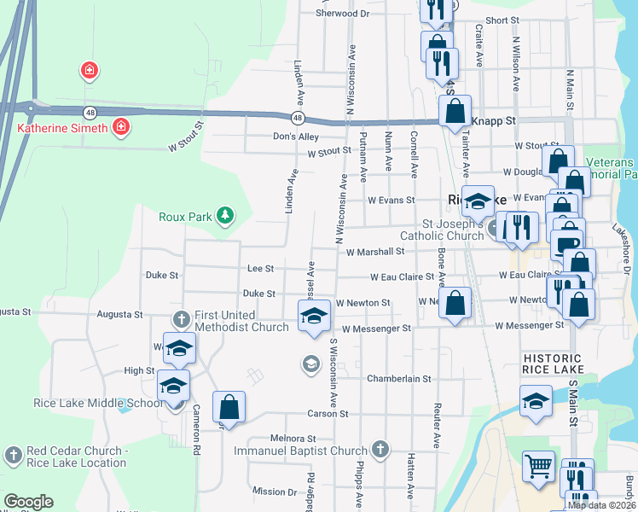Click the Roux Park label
(x=184, y=216)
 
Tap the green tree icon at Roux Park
(x=225, y=215)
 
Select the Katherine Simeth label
(x=62, y=129)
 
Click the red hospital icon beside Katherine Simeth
(x=121, y=128)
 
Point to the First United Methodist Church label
(x=241, y=321)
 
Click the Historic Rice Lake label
(x=553, y=364)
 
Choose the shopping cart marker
(x=539, y=467)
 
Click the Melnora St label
(x=287, y=438)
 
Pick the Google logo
(x=28, y=502)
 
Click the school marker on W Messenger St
(x=314, y=316)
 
